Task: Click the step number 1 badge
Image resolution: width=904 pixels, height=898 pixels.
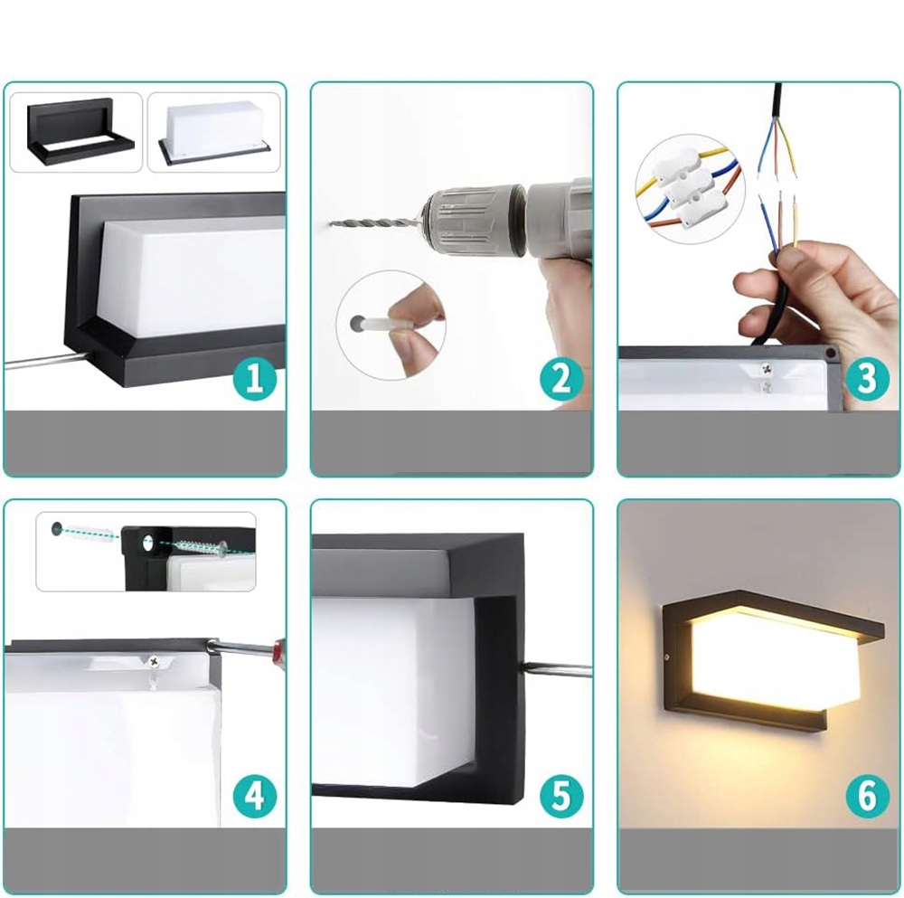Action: pyautogui.click(x=255, y=380)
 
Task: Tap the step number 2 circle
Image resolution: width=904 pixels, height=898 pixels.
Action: pyautogui.click(x=561, y=380)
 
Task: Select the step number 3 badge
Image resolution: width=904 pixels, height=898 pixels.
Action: pyautogui.click(x=868, y=380)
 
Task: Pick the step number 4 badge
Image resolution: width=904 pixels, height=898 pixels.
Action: pyautogui.click(x=255, y=797)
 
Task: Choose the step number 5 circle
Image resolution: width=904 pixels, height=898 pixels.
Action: pyautogui.click(x=561, y=797)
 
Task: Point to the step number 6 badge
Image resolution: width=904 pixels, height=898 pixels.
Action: pyautogui.click(x=868, y=797)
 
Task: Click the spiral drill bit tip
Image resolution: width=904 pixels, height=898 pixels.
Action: pyautogui.click(x=329, y=222)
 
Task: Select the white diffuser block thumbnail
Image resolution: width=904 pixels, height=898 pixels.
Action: pyautogui.click(x=214, y=130)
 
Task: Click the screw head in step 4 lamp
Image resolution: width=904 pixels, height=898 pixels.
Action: pyautogui.click(x=155, y=662)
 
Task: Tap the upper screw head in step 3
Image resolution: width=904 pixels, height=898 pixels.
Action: pyautogui.click(x=767, y=369)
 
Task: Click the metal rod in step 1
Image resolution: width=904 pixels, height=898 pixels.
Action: pyautogui.click(x=43, y=362)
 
